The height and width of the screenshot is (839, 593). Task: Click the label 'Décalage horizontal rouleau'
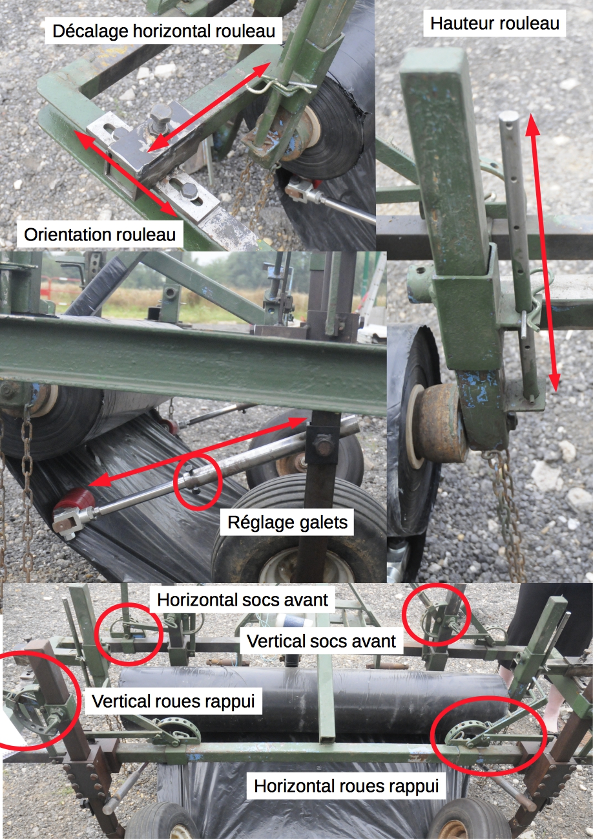tap(163, 31)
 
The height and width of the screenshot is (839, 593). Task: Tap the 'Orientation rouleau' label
tap(99, 235)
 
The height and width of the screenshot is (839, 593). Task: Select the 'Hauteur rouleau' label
tap(495, 24)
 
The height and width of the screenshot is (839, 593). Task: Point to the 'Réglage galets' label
tap(287, 522)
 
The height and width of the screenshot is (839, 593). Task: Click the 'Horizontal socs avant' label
tap(242, 600)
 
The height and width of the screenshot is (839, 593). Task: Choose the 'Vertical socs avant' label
tap(321, 641)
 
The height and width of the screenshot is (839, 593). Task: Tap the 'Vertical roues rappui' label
tap(173, 701)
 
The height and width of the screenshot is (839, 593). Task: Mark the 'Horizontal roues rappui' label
tap(346, 786)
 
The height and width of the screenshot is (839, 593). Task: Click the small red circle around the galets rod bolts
tap(198, 482)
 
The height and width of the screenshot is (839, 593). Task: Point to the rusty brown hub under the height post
tap(442, 423)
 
